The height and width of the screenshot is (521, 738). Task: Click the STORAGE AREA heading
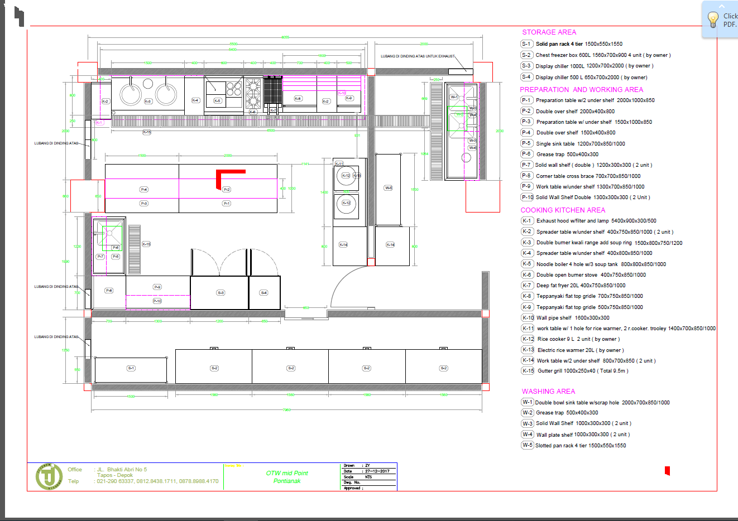tap(549, 32)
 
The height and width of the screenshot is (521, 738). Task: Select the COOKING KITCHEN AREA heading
tap(563, 210)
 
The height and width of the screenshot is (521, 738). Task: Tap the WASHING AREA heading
tap(548, 392)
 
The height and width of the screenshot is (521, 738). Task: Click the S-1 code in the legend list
tap(526, 44)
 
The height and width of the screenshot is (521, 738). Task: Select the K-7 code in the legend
tap(526, 285)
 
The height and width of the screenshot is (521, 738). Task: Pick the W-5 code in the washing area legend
tap(527, 445)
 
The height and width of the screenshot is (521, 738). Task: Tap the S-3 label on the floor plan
tap(221, 293)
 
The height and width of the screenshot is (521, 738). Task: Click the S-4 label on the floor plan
tap(263, 293)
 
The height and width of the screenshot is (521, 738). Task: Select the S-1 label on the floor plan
tap(131, 368)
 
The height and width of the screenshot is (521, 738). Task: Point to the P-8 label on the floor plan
tap(109, 291)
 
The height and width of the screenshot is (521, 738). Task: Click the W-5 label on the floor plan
tap(388, 188)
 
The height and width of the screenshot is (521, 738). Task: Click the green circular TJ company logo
tap(49, 476)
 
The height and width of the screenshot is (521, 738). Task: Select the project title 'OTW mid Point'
tap(287, 473)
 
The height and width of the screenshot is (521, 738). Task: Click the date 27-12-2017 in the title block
tap(377, 471)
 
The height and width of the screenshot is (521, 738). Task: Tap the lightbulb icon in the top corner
tap(713, 20)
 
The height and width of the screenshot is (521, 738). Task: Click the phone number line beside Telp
tap(157, 481)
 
